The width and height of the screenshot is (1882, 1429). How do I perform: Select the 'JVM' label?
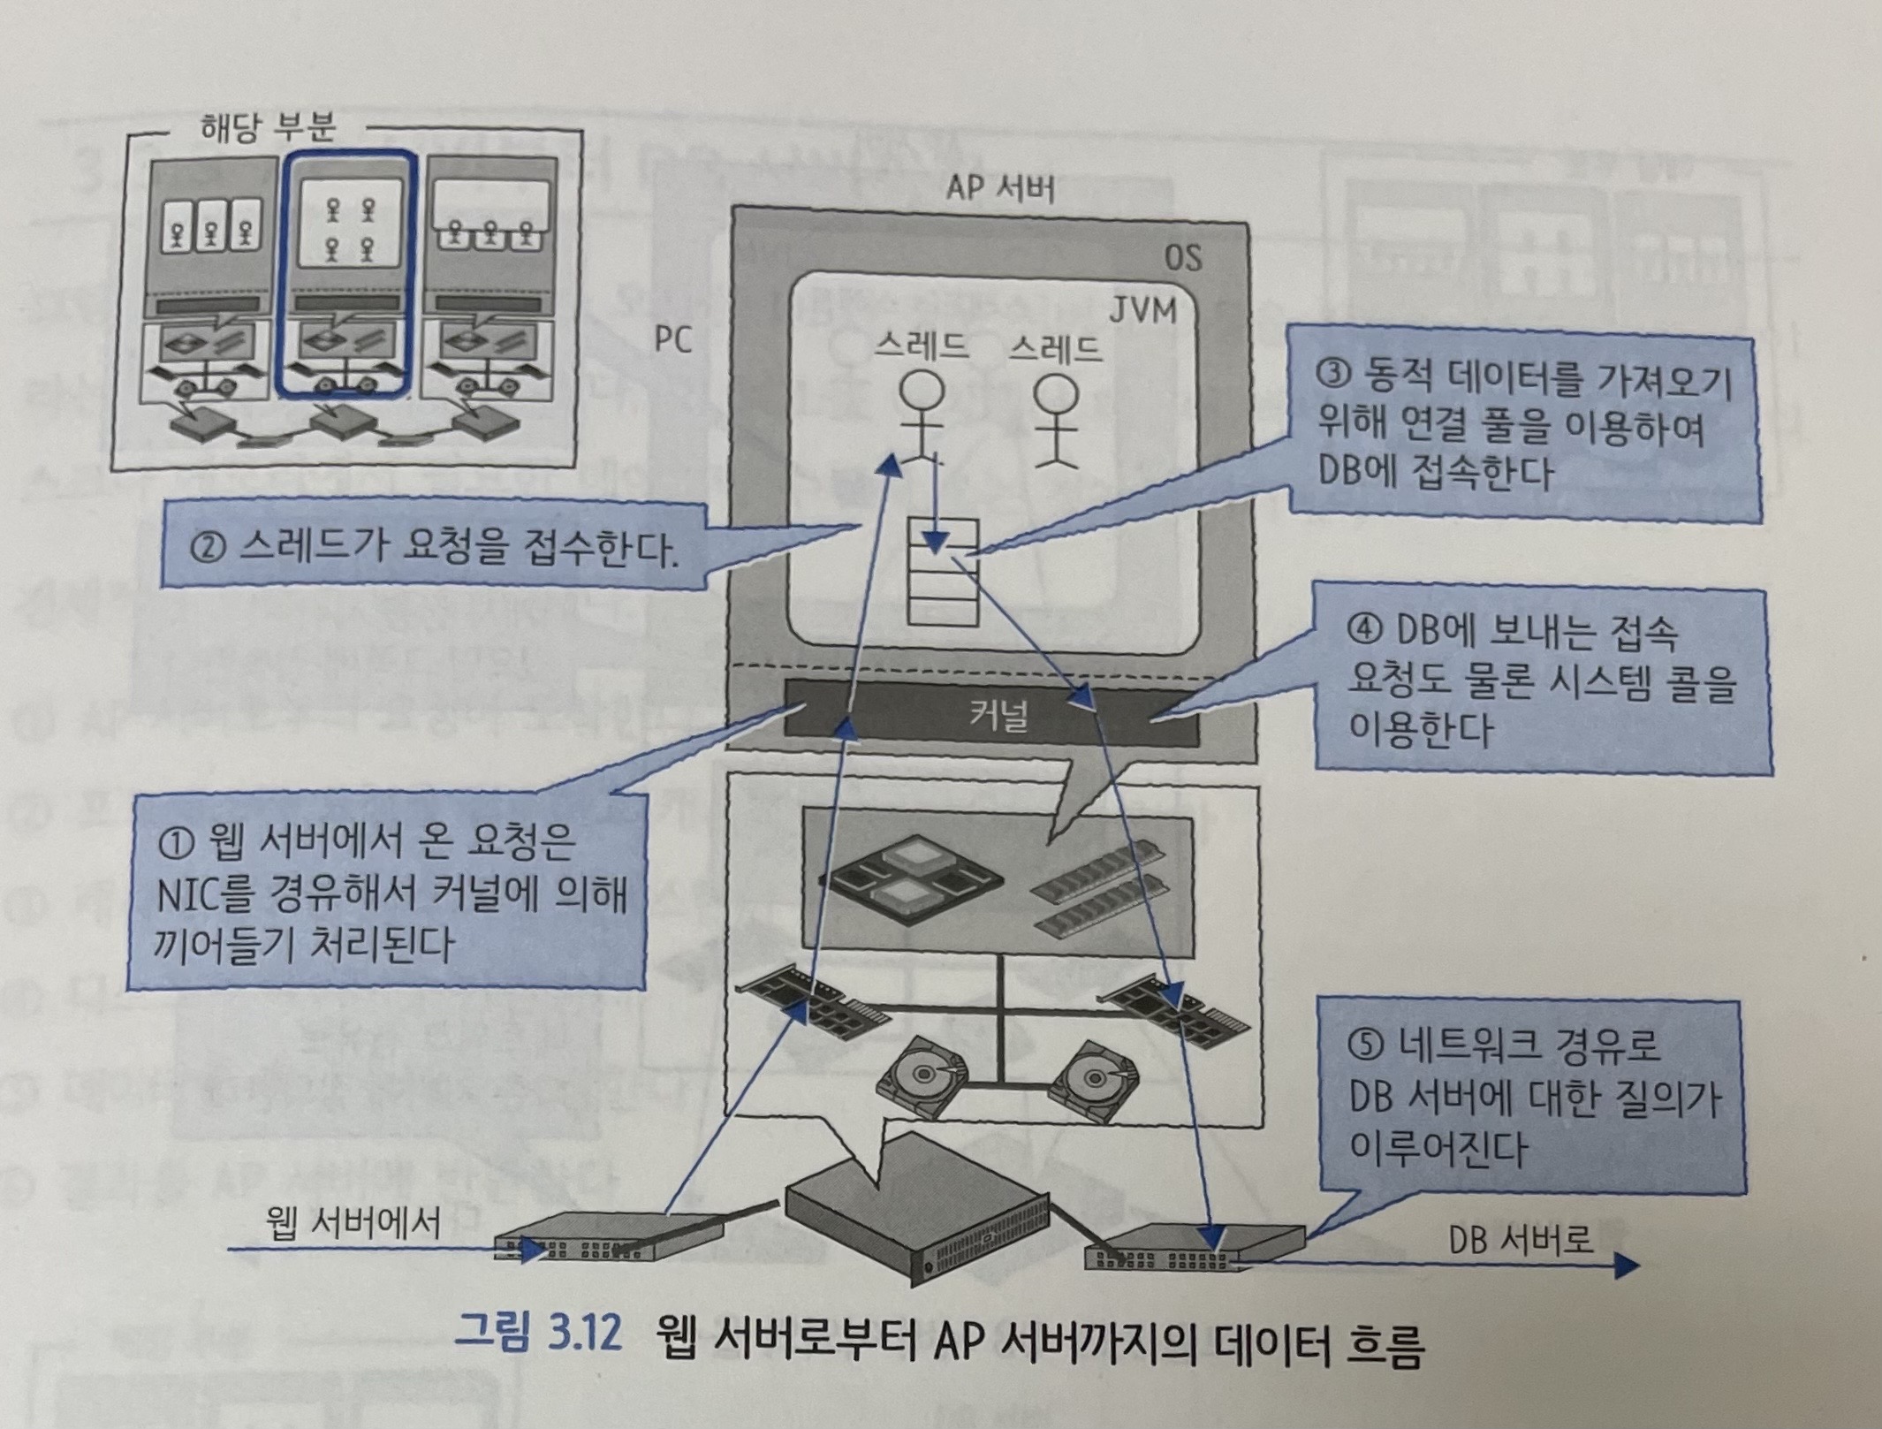click(1144, 311)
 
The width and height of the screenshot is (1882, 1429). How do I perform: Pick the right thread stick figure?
click(1055, 419)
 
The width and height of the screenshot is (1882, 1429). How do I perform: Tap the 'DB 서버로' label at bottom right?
click(1520, 1240)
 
